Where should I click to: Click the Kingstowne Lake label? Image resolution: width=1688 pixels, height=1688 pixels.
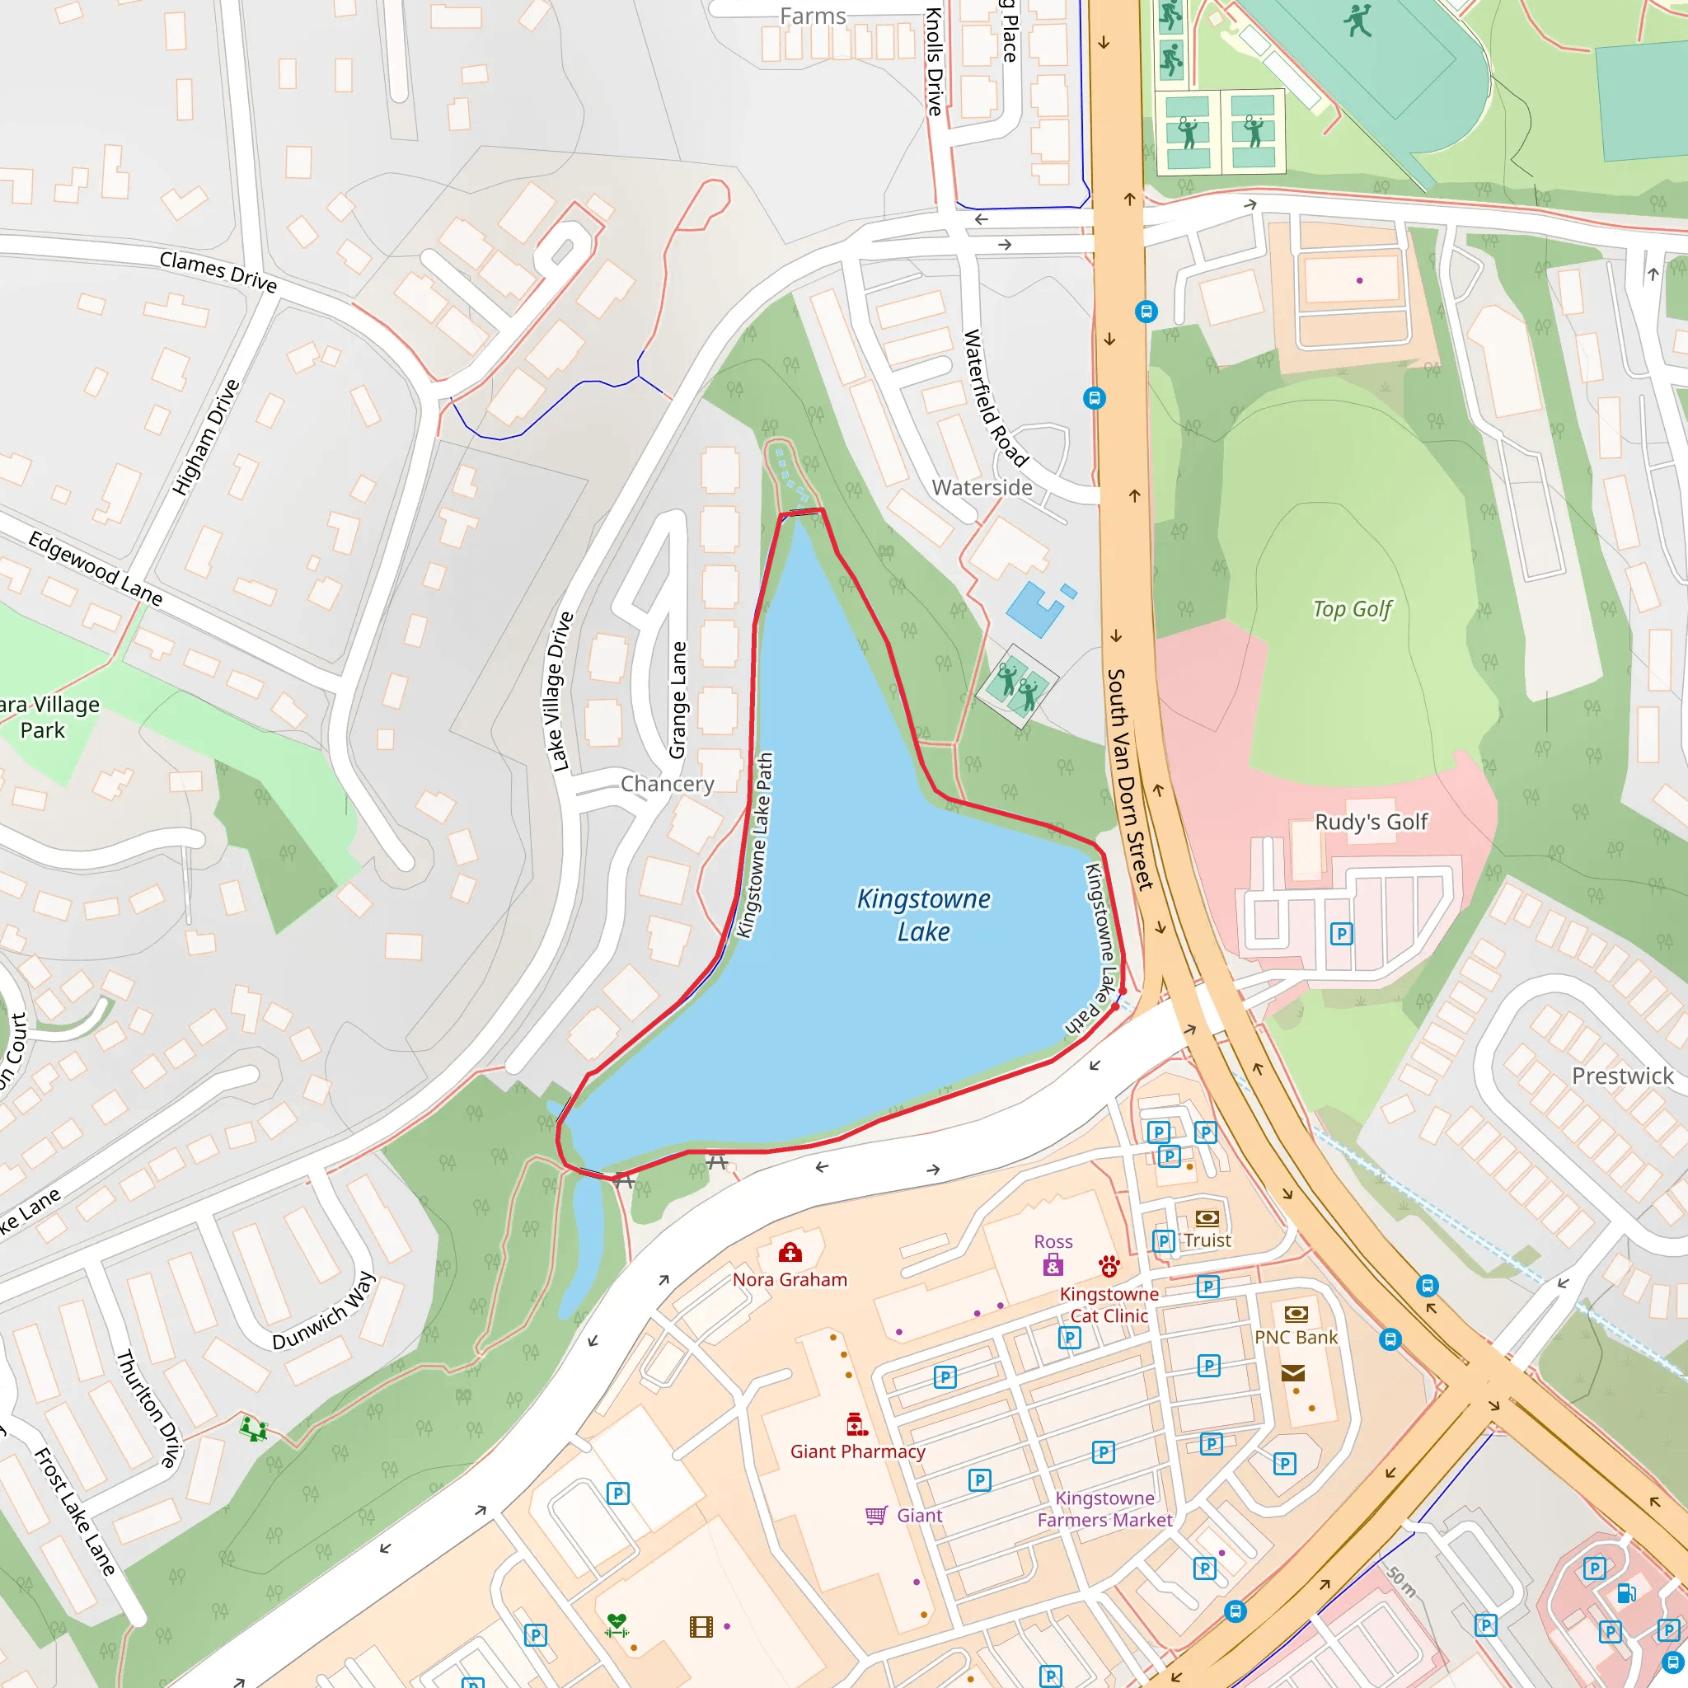[923, 915]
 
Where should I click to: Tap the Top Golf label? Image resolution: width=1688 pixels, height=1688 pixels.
[1352, 609]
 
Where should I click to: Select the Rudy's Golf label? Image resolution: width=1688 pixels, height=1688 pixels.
[1371, 821]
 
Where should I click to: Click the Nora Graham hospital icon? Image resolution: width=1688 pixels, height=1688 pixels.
[790, 1254]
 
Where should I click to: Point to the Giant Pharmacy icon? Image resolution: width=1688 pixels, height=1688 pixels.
[857, 1425]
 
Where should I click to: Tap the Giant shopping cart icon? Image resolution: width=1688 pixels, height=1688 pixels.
[875, 1516]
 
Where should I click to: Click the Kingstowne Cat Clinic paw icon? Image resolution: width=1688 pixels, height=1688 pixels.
[1109, 1266]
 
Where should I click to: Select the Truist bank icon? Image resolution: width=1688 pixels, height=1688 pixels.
[1207, 1217]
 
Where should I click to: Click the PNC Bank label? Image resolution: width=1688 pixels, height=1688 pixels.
[1296, 1338]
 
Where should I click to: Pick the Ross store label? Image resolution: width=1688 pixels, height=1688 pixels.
[1053, 1241]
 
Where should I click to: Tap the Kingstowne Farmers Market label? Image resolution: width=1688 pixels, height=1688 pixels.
[1104, 1509]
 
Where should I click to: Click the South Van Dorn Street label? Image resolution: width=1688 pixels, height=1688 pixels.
[1130, 780]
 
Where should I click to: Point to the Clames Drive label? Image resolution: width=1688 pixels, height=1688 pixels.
[218, 272]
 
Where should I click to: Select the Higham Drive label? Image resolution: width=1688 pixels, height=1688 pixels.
[205, 438]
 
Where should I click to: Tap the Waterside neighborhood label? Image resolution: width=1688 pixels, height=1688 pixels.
[982, 488]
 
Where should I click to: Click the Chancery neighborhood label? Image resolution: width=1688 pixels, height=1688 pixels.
[668, 784]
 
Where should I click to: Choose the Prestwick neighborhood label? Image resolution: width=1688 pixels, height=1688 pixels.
[1622, 1076]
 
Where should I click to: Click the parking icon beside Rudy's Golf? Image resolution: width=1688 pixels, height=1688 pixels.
[1341, 934]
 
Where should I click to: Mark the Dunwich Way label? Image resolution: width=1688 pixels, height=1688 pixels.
[324, 1311]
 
